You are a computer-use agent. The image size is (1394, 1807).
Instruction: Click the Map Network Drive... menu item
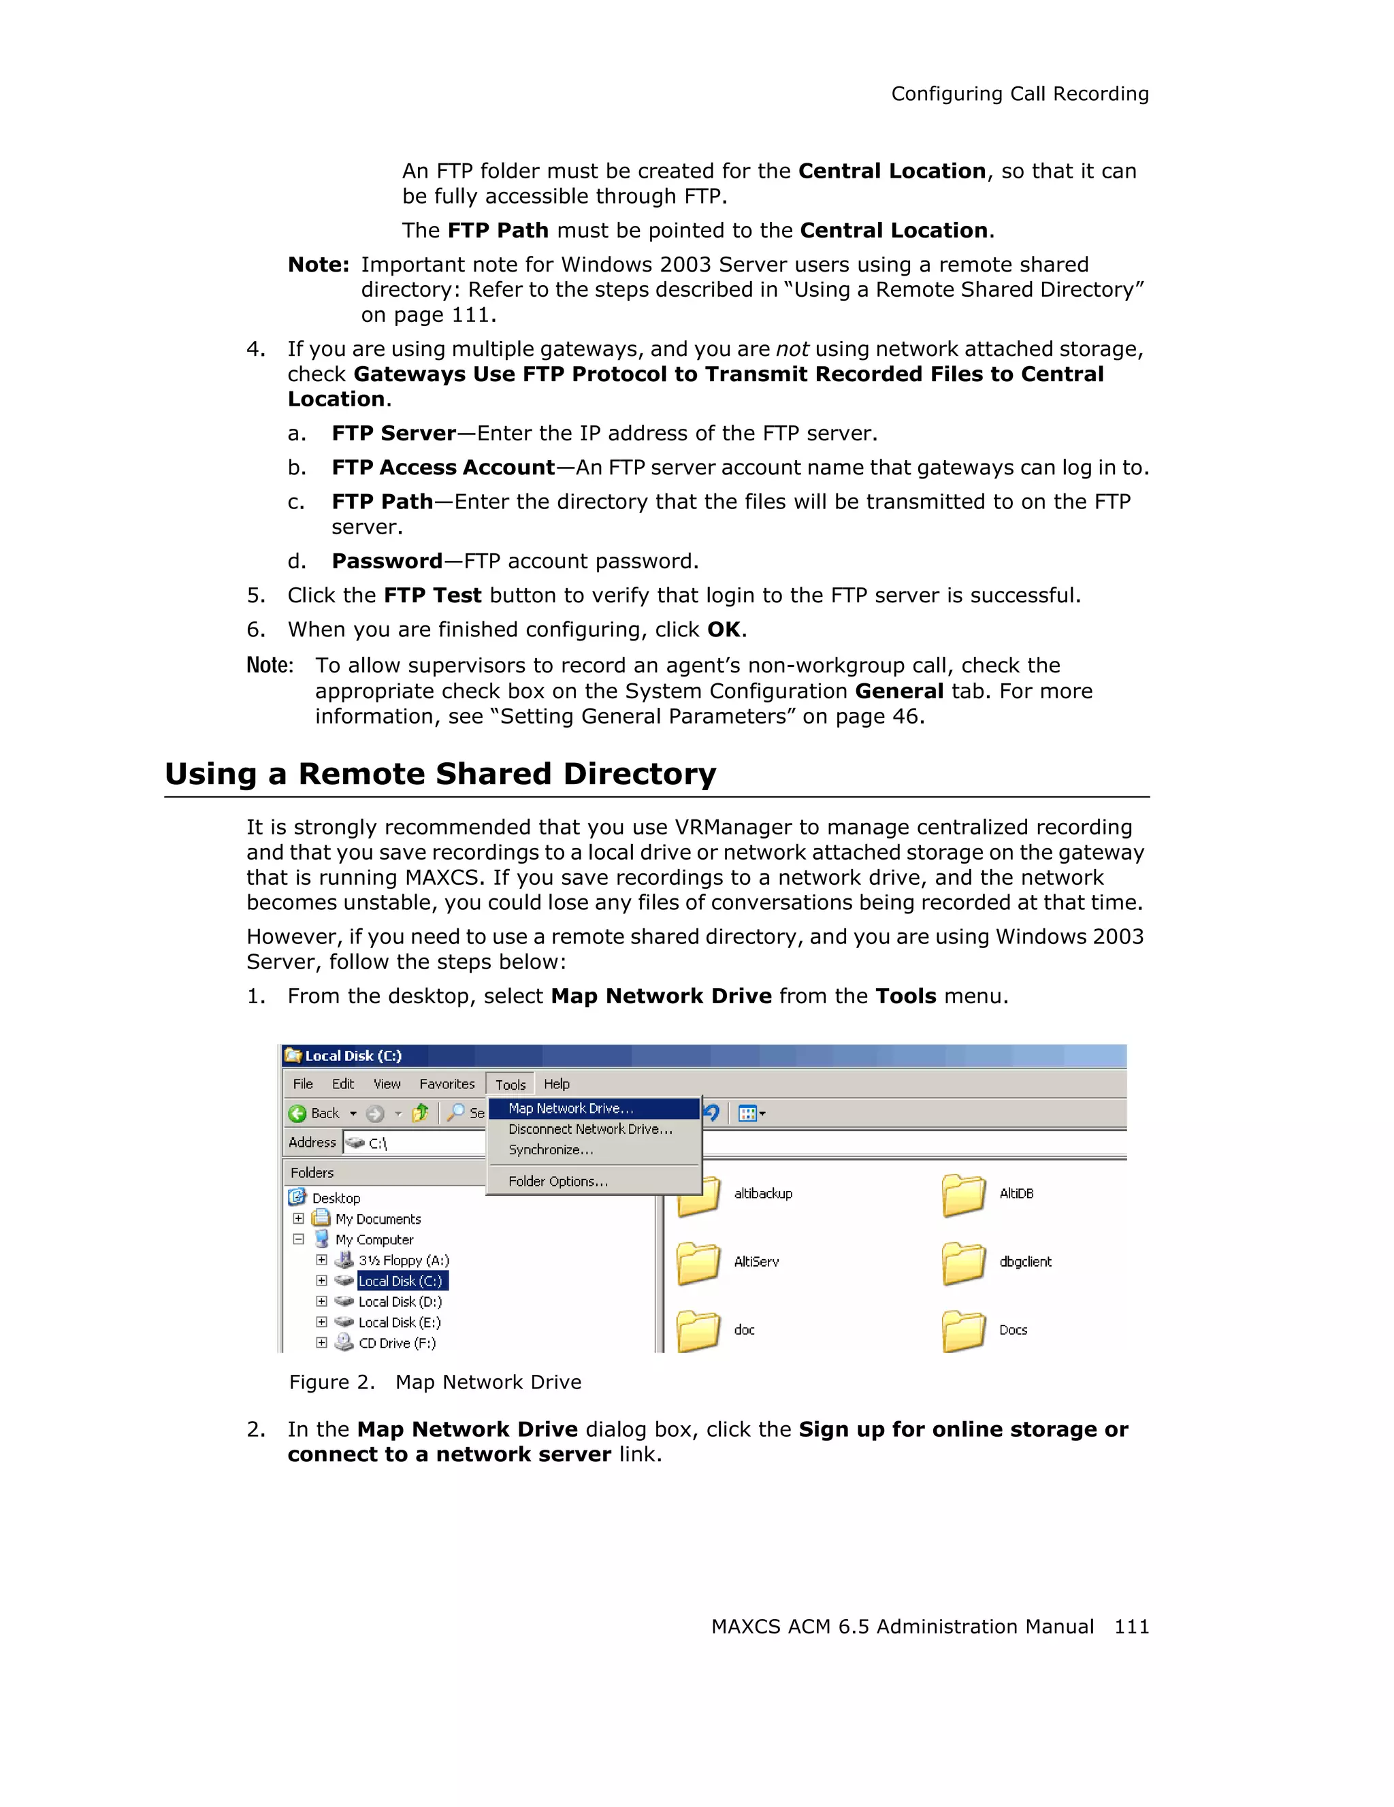(571, 1108)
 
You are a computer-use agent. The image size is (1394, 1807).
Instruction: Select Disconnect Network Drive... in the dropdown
(590, 1128)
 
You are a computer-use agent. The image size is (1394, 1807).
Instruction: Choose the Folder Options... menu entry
(557, 1182)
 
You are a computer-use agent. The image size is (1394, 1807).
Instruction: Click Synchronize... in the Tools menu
(550, 1150)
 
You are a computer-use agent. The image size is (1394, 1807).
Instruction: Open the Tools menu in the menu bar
(510, 1085)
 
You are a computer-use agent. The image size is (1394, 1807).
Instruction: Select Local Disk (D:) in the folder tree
(400, 1301)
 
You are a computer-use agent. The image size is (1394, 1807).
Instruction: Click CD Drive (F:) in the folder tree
(396, 1343)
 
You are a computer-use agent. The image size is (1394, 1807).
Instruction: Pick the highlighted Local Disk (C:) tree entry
(401, 1281)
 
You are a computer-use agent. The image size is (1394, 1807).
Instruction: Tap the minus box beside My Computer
(299, 1239)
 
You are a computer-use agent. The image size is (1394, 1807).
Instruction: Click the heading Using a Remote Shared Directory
(440, 774)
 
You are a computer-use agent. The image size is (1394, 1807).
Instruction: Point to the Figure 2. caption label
(331, 1382)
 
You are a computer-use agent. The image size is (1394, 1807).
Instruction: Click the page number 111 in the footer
(1131, 1627)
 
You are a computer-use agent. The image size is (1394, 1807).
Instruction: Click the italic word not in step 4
(792, 349)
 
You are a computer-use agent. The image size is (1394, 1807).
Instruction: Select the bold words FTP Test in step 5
(433, 596)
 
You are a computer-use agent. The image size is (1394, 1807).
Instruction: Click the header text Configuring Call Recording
(1019, 95)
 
